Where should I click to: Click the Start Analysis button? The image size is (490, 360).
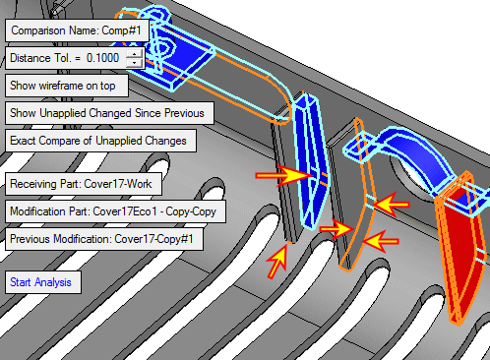(43, 282)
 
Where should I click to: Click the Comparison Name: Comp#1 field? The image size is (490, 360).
(77, 30)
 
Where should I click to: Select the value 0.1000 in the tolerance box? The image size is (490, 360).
(102, 58)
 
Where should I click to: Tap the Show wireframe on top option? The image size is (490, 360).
(67, 86)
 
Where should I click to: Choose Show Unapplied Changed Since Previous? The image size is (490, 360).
(109, 113)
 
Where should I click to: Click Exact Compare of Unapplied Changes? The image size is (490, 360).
(100, 141)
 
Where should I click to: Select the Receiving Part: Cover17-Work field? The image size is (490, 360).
(84, 184)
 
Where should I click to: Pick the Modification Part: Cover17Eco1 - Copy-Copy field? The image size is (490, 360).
(115, 211)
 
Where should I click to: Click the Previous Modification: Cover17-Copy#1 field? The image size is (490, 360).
(104, 239)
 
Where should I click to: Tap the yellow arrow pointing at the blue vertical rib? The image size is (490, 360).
(283, 176)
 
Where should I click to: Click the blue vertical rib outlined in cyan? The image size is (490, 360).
(310, 160)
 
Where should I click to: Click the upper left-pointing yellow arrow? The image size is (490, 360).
(391, 205)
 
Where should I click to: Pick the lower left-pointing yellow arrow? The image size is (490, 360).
(381, 242)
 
